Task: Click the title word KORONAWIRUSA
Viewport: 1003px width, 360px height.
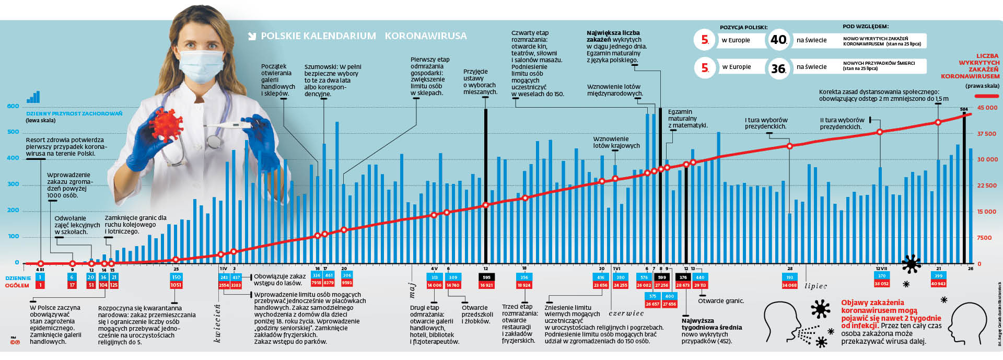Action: point(426,36)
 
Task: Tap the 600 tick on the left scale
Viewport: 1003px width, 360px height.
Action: point(13,106)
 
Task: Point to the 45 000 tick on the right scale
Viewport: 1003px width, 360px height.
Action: point(987,108)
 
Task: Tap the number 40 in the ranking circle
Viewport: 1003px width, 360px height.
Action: point(778,40)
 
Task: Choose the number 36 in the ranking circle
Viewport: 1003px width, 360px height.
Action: point(778,68)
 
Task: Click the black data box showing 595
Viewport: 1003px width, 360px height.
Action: point(486,277)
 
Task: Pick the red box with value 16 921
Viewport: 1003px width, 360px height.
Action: point(486,285)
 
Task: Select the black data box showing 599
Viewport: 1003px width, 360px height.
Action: point(662,277)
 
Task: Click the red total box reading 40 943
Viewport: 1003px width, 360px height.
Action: point(938,284)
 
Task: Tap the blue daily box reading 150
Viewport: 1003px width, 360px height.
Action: point(176,277)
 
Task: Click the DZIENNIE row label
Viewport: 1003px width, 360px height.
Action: point(18,278)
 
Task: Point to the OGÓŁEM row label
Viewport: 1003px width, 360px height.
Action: point(17,285)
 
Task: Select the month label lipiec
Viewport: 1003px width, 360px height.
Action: point(815,286)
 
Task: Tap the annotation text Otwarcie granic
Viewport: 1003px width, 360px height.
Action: point(721,301)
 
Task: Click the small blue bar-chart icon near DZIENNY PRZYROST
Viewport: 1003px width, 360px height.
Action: point(33,97)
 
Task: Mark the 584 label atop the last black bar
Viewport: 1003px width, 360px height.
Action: point(964,109)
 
